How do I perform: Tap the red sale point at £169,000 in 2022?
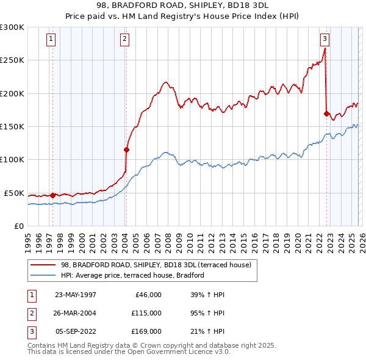tap(327, 113)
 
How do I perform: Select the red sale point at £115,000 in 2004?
tap(127, 149)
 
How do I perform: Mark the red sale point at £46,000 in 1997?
tap(53, 195)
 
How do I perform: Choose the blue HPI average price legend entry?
tap(132, 275)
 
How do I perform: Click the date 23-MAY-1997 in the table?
tap(76, 295)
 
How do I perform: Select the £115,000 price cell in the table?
tap(146, 313)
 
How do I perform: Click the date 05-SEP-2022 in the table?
tap(76, 331)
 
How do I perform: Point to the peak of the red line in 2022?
tap(325, 49)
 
